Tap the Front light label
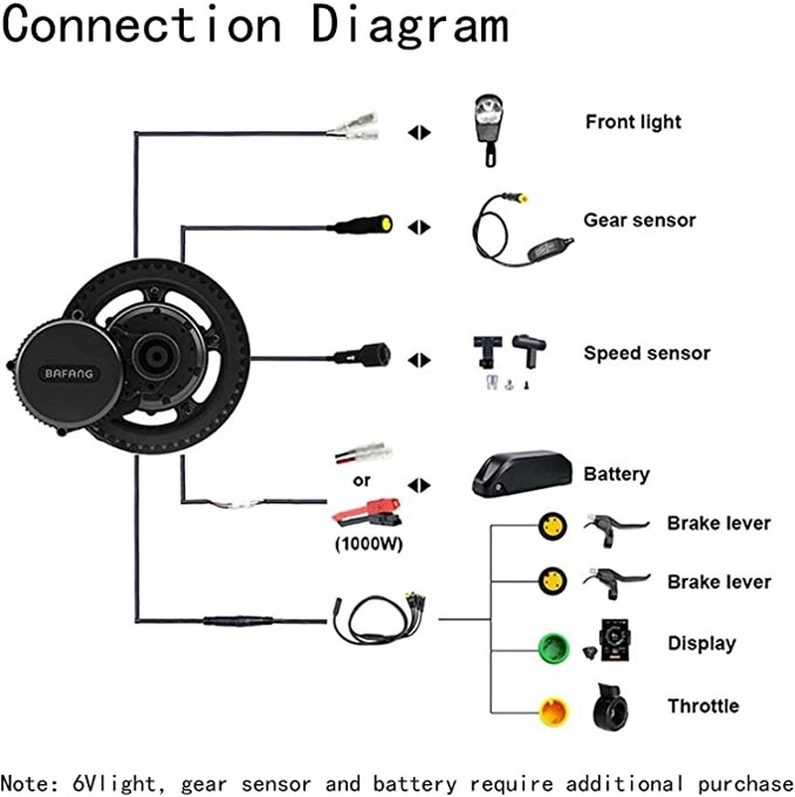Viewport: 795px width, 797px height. pyautogui.click(x=633, y=122)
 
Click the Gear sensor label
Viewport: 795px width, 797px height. pyautogui.click(x=639, y=221)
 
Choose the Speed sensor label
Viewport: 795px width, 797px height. pyautogui.click(x=647, y=353)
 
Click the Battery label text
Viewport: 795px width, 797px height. pyautogui.click(x=616, y=473)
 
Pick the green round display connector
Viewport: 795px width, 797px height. pyautogui.click(x=550, y=643)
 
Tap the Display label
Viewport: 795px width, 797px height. pyautogui.click(x=702, y=643)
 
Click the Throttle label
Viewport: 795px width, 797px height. pyautogui.click(x=704, y=706)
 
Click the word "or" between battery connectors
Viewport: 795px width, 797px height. pyautogui.click(x=362, y=483)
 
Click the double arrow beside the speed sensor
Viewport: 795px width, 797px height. pyautogui.click(x=419, y=360)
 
